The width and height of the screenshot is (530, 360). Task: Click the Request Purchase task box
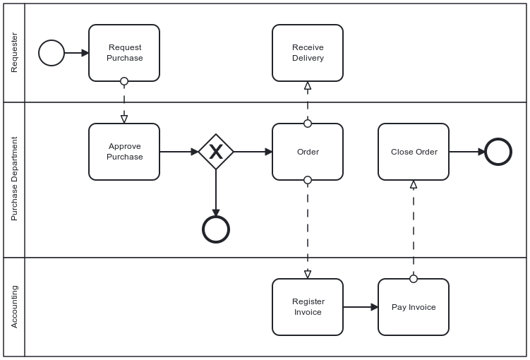coord(124,53)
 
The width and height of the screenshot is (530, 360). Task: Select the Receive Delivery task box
coord(308,53)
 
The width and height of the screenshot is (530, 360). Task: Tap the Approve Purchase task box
coord(124,152)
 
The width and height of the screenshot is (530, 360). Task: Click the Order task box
coord(308,152)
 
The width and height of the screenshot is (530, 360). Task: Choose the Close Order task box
coord(414,152)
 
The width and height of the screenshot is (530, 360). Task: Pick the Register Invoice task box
coord(308,307)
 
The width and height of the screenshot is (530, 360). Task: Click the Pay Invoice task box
coord(414,307)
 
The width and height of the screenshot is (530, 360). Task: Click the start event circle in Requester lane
coord(52,53)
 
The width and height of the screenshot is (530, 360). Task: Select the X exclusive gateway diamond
coord(216,152)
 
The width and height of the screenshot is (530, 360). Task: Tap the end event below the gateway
coord(216,229)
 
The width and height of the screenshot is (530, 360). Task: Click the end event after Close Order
coord(498,152)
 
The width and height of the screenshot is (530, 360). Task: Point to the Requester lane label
coord(14,53)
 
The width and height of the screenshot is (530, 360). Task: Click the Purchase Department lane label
coord(14,179)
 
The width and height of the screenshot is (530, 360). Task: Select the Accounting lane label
coord(14,306)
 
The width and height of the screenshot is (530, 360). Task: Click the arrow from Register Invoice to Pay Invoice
coord(360,307)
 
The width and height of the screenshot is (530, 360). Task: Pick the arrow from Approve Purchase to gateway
coord(179,152)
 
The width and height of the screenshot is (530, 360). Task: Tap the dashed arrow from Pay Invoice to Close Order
coord(414,229)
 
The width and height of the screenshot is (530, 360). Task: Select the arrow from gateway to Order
coord(253,152)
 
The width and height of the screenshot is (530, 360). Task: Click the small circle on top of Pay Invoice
coord(414,279)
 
